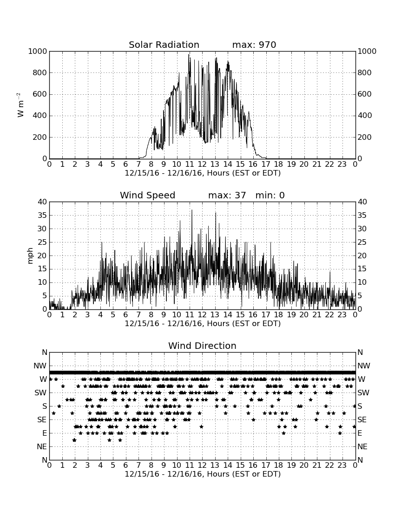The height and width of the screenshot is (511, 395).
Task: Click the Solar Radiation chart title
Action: coord(164,45)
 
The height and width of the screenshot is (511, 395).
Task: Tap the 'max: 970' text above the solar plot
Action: coord(254,45)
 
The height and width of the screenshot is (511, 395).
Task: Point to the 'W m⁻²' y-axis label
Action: coord(20,105)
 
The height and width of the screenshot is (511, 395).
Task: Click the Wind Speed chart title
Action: coord(148,195)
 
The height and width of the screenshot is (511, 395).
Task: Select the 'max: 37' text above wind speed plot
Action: coord(227,195)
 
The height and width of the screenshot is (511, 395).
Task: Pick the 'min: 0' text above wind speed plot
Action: coord(270,195)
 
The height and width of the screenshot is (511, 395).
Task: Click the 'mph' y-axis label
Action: coord(30,256)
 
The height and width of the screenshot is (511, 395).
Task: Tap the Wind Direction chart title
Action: coord(203,346)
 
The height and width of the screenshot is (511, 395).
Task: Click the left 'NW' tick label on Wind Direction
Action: coord(40,366)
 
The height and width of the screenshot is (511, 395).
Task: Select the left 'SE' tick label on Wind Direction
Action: coord(42,420)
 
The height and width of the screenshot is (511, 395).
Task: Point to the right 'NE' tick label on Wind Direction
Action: coord(362,447)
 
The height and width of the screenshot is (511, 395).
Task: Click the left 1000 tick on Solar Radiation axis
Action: coord(38,52)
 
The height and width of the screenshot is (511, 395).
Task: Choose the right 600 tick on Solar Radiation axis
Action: coord(365,94)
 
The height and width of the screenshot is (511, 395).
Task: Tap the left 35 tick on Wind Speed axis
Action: coord(43,216)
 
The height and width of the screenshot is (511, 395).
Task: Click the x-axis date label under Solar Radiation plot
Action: coord(203,173)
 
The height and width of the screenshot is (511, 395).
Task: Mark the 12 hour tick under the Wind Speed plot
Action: coord(203,314)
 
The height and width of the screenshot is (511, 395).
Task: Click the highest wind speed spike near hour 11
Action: coord(192,210)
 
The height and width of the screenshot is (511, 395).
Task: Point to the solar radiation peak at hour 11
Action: coord(188,55)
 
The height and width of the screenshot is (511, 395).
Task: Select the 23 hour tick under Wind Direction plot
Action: coord(342,465)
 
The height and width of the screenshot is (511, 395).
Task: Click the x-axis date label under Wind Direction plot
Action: coord(203,474)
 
